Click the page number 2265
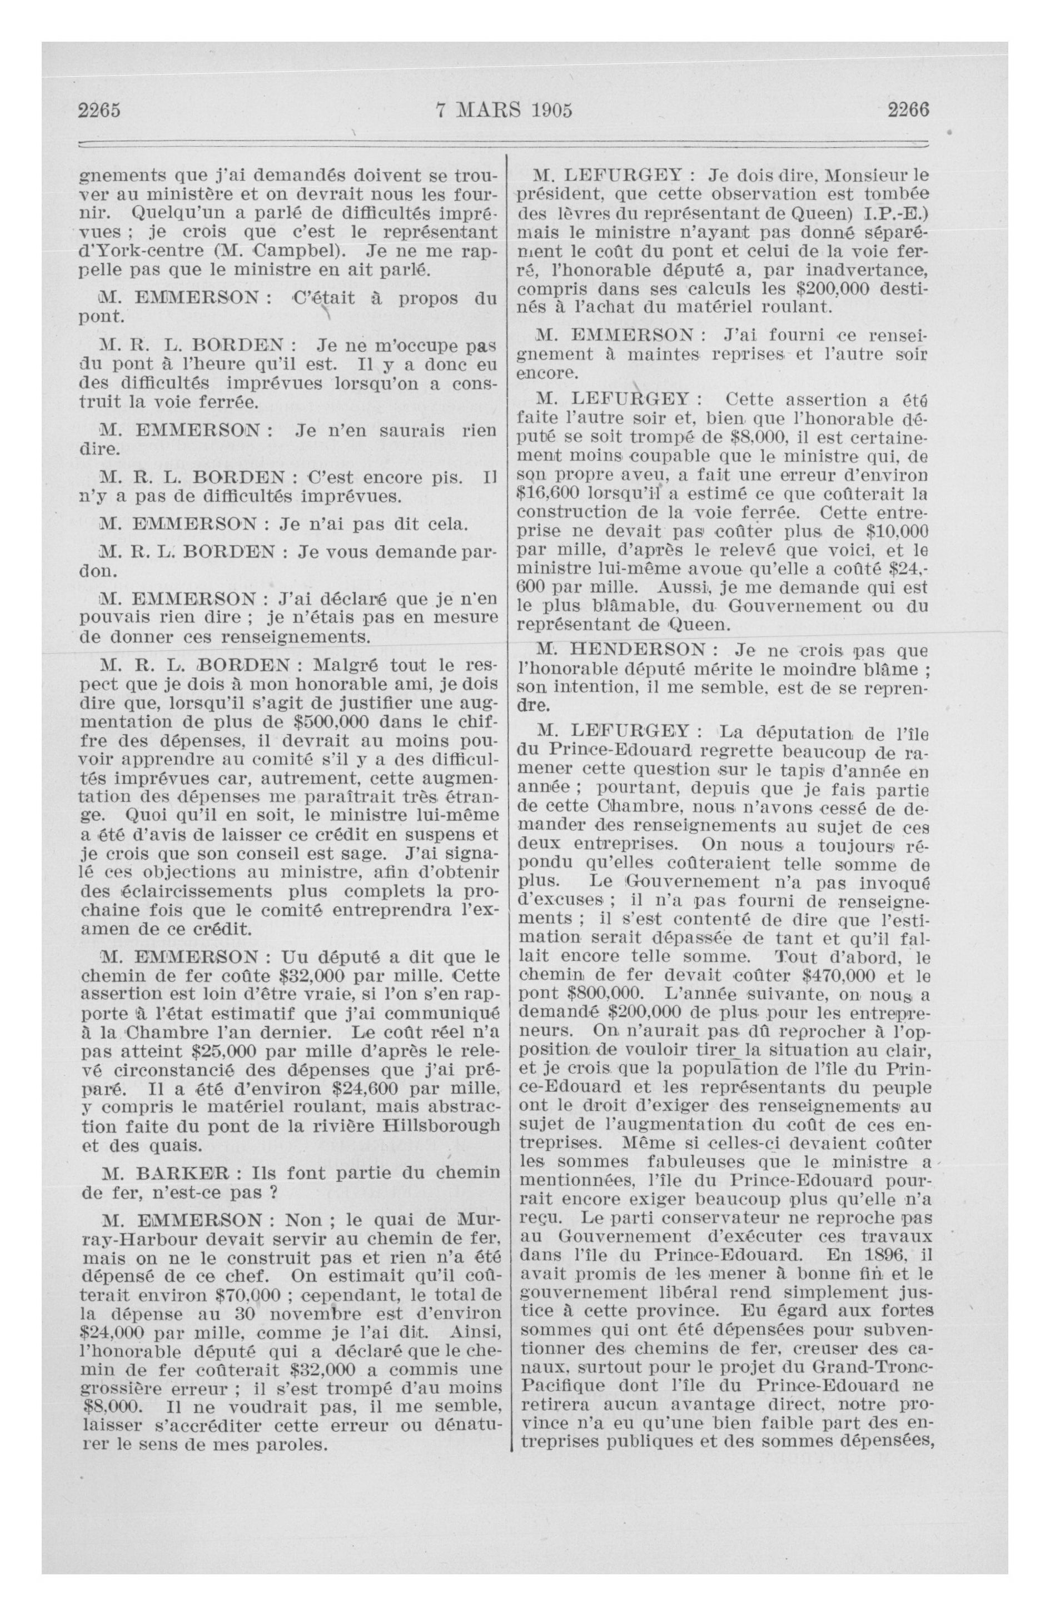click(100, 110)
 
